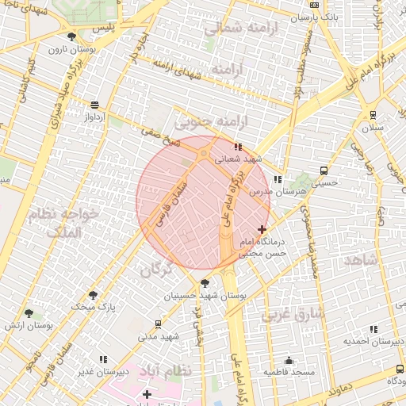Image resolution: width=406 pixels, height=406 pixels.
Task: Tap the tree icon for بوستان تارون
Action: click(x=72, y=36)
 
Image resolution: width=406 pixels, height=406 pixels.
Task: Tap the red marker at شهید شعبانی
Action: click(x=237, y=147)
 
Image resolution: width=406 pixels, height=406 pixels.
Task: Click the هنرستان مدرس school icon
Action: click(x=277, y=179)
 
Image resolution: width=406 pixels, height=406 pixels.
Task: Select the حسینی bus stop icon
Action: click(x=324, y=170)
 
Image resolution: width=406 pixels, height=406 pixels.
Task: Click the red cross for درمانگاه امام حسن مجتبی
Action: click(x=262, y=229)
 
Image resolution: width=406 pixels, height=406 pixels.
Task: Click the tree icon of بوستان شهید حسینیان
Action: click(x=205, y=283)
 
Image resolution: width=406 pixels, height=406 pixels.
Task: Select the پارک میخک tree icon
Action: click(x=93, y=295)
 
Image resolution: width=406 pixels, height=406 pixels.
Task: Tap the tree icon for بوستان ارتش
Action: click(x=29, y=314)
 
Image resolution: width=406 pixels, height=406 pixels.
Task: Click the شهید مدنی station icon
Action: click(x=158, y=324)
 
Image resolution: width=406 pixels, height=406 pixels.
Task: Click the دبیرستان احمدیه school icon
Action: click(x=373, y=329)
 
